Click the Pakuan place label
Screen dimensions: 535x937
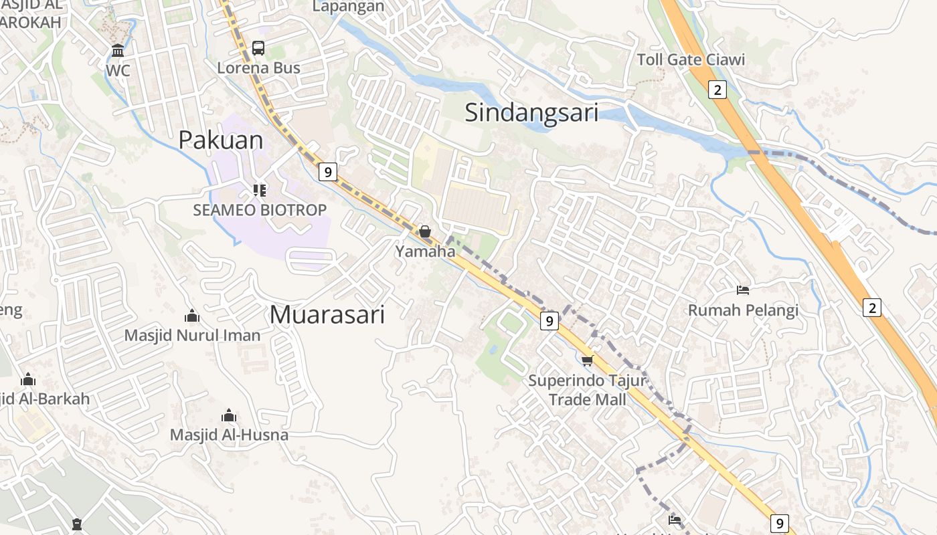click(220, 140)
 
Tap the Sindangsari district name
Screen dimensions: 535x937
click(531, 112)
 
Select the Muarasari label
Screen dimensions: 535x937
click(327, 314)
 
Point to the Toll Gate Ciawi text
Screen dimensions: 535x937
click(691, 60)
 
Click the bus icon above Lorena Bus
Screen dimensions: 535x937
click(258, 48)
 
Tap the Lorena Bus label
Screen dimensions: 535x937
click(258, 68)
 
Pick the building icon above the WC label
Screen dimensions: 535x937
click(118, 50)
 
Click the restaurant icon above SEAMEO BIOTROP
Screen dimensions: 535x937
click(260, 191)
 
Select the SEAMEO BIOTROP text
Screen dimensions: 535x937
click(260, 210)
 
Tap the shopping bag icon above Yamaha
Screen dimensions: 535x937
click(424, 232)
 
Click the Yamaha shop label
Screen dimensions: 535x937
click(424, 251)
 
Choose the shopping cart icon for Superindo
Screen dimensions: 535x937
click(587, 361)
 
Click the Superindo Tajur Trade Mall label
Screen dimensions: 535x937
click(587, 390)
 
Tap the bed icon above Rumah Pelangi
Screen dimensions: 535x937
click(743, 290)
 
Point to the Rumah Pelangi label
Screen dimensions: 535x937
click(743, 310)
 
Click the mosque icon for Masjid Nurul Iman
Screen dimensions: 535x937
click(192, 316)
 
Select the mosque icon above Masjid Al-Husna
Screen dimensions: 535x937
click(229, 415)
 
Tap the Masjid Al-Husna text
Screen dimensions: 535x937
click(229, 435)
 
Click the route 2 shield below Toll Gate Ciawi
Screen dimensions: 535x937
click(717, 90)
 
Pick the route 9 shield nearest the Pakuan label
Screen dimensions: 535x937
click(327, 172)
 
